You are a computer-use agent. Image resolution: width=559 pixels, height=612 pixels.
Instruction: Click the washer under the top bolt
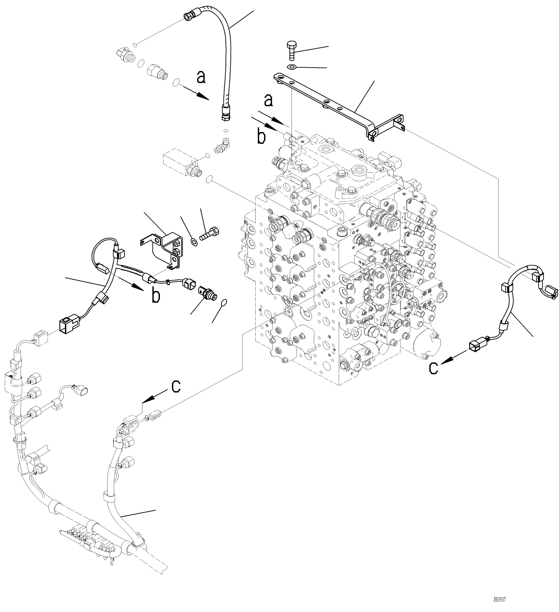[x=291, y=67]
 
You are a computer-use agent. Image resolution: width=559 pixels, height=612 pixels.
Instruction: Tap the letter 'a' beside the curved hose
[x=201, y=77]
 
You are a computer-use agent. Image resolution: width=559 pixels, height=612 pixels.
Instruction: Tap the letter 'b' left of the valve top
[x=261, y=137]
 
